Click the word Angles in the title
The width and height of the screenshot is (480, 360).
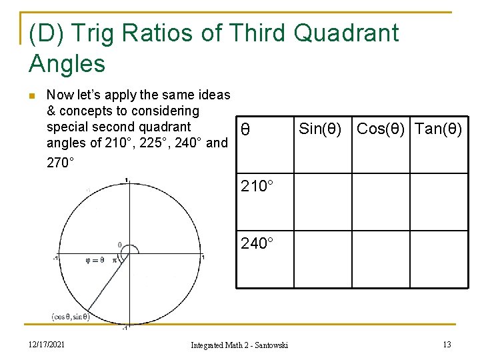(67, 64)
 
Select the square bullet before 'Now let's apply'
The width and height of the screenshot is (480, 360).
(31, 95)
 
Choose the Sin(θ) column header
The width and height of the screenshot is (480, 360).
(320, 129)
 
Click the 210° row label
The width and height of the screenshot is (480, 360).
(257, 186)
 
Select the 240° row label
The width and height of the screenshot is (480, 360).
(257, 243)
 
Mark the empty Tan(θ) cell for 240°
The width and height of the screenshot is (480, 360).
(437, 259)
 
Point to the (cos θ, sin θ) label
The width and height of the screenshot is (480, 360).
(70, 316)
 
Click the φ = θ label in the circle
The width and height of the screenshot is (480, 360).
(95, 260)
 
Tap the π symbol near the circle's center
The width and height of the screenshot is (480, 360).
(114, 260)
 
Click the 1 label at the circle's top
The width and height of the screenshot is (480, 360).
(127, 179)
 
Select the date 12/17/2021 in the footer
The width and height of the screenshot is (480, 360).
(46, 344)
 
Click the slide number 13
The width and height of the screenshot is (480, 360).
(447, 344)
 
